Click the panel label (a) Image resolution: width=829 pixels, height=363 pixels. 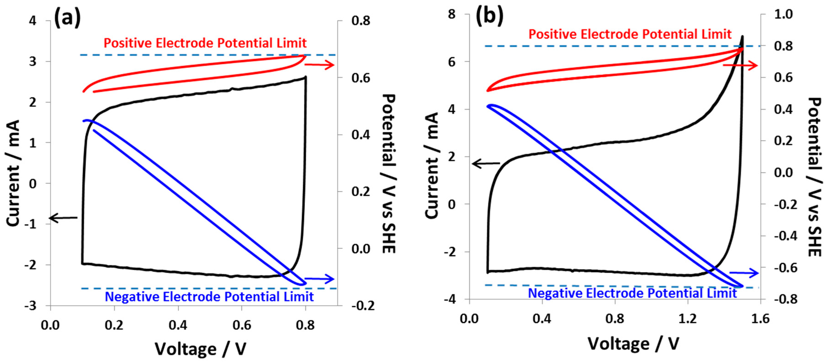tap(67, 18)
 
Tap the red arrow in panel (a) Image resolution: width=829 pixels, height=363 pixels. tap(319, 65)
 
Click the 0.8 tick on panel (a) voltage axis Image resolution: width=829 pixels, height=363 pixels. tap(305, 325)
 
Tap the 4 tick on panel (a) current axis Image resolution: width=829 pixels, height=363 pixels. tap(33, 21)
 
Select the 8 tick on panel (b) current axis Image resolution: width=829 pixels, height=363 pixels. tap(452, 14)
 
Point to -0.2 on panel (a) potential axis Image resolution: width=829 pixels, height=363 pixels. tap(363, 306)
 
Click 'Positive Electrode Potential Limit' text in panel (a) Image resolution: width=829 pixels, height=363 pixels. tap(205, 43)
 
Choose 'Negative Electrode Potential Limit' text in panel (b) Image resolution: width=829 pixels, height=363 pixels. tap(632, 293)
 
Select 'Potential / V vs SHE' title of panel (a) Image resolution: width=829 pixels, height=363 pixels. tap(389, 174)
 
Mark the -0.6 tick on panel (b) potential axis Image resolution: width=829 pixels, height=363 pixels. tap(785, 268)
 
